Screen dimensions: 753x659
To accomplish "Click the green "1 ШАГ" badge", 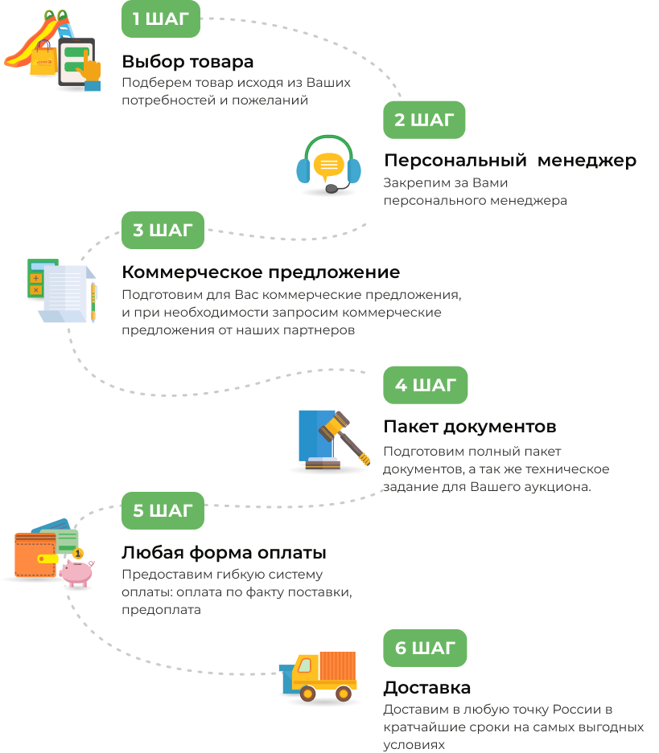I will click(161, 19).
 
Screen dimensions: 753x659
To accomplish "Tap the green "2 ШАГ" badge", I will click(424, 121).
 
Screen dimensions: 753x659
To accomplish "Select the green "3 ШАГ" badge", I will click(163, 231).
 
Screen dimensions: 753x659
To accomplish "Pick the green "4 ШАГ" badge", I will click(425, 385).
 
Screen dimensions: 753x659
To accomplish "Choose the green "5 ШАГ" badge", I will click(163, 510).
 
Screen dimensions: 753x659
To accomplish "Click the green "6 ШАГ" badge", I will click(425, 648).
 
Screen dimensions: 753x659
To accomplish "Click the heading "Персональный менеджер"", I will click(510, 160).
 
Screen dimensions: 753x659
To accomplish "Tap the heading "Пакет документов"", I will click(470, 426).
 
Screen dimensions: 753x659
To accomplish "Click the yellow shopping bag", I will click(43, 60).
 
